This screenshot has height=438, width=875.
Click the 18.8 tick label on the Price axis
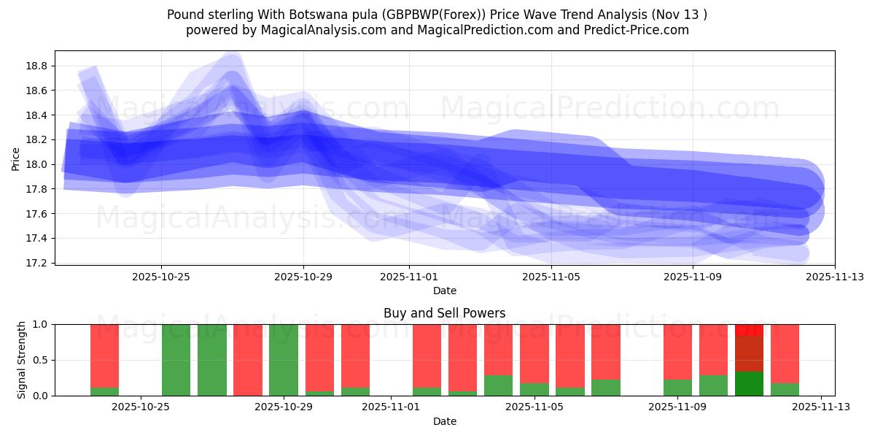[37, 66]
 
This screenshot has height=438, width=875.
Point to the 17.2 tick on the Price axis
[37, 263]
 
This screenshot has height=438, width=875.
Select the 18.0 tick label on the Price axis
[37, 164]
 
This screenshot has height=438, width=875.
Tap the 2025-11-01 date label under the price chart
[409, 277]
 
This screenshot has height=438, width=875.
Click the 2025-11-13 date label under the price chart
[835, 277]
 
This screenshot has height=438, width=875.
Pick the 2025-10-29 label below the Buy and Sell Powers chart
[284, 407]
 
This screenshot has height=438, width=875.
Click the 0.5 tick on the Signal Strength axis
[40, 360]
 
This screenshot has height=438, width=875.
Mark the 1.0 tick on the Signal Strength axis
[40, 324]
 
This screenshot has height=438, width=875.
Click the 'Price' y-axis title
[16, 158]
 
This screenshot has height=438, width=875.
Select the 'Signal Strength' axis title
[22, 360]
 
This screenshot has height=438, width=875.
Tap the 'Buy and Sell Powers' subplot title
[444, 313]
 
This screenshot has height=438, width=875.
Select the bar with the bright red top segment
[749, 360]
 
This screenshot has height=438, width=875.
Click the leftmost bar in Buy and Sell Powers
[104, 360]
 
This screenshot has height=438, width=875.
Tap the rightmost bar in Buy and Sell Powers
[785, 360]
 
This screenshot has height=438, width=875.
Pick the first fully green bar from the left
[176, 360]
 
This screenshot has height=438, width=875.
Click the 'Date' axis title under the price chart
[444, 291]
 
